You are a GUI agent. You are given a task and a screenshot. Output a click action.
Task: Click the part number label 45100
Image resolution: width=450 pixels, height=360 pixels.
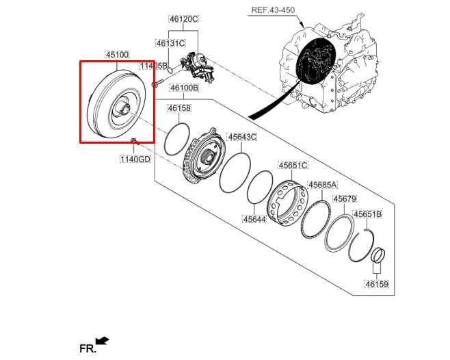(x=116, y=54)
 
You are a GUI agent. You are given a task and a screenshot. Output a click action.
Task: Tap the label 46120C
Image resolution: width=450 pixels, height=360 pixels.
(x=183, y=19)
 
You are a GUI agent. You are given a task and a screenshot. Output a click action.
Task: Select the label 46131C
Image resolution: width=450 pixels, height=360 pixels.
(x=170, y=43)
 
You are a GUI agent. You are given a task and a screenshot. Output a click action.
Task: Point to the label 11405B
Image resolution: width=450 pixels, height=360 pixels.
(x=153, y=66)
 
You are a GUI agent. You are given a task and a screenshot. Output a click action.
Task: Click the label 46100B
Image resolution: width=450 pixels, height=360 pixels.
(x=184, y=88)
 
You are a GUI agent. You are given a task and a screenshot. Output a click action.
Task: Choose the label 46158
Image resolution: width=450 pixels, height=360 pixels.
(x=178, y=108)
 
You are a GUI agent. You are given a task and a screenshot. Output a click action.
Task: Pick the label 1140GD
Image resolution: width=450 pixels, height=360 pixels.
(x=135, y=159)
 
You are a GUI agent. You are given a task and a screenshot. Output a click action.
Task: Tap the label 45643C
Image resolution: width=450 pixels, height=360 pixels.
(x=242, y=137)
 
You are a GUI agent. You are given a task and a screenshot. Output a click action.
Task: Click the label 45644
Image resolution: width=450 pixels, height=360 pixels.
(x=254, y=219)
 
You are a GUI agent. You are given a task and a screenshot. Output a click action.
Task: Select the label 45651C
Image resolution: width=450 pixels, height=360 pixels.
(x=293, y=165)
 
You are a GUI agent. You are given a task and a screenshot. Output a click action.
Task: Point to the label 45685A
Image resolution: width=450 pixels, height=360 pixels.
(x=322, y=185)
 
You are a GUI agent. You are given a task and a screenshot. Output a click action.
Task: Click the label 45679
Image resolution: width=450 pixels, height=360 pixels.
(x=344, y=199)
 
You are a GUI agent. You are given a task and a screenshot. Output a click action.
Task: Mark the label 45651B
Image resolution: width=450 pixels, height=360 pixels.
(x=367, y=214)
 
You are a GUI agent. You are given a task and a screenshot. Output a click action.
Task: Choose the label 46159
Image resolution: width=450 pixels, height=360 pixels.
(x=376, y=284)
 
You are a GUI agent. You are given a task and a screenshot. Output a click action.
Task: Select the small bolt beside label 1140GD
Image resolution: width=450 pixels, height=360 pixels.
(x=135, y=142)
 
